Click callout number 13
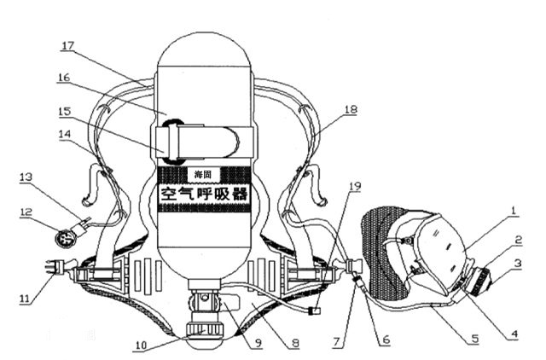(26, 177)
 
